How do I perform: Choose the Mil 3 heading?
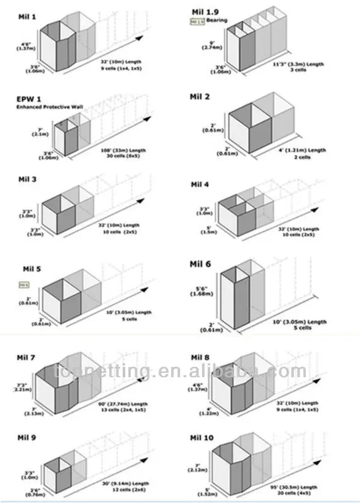point(26,179)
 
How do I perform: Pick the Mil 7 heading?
point(26,358)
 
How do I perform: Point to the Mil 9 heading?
point(26,434)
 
